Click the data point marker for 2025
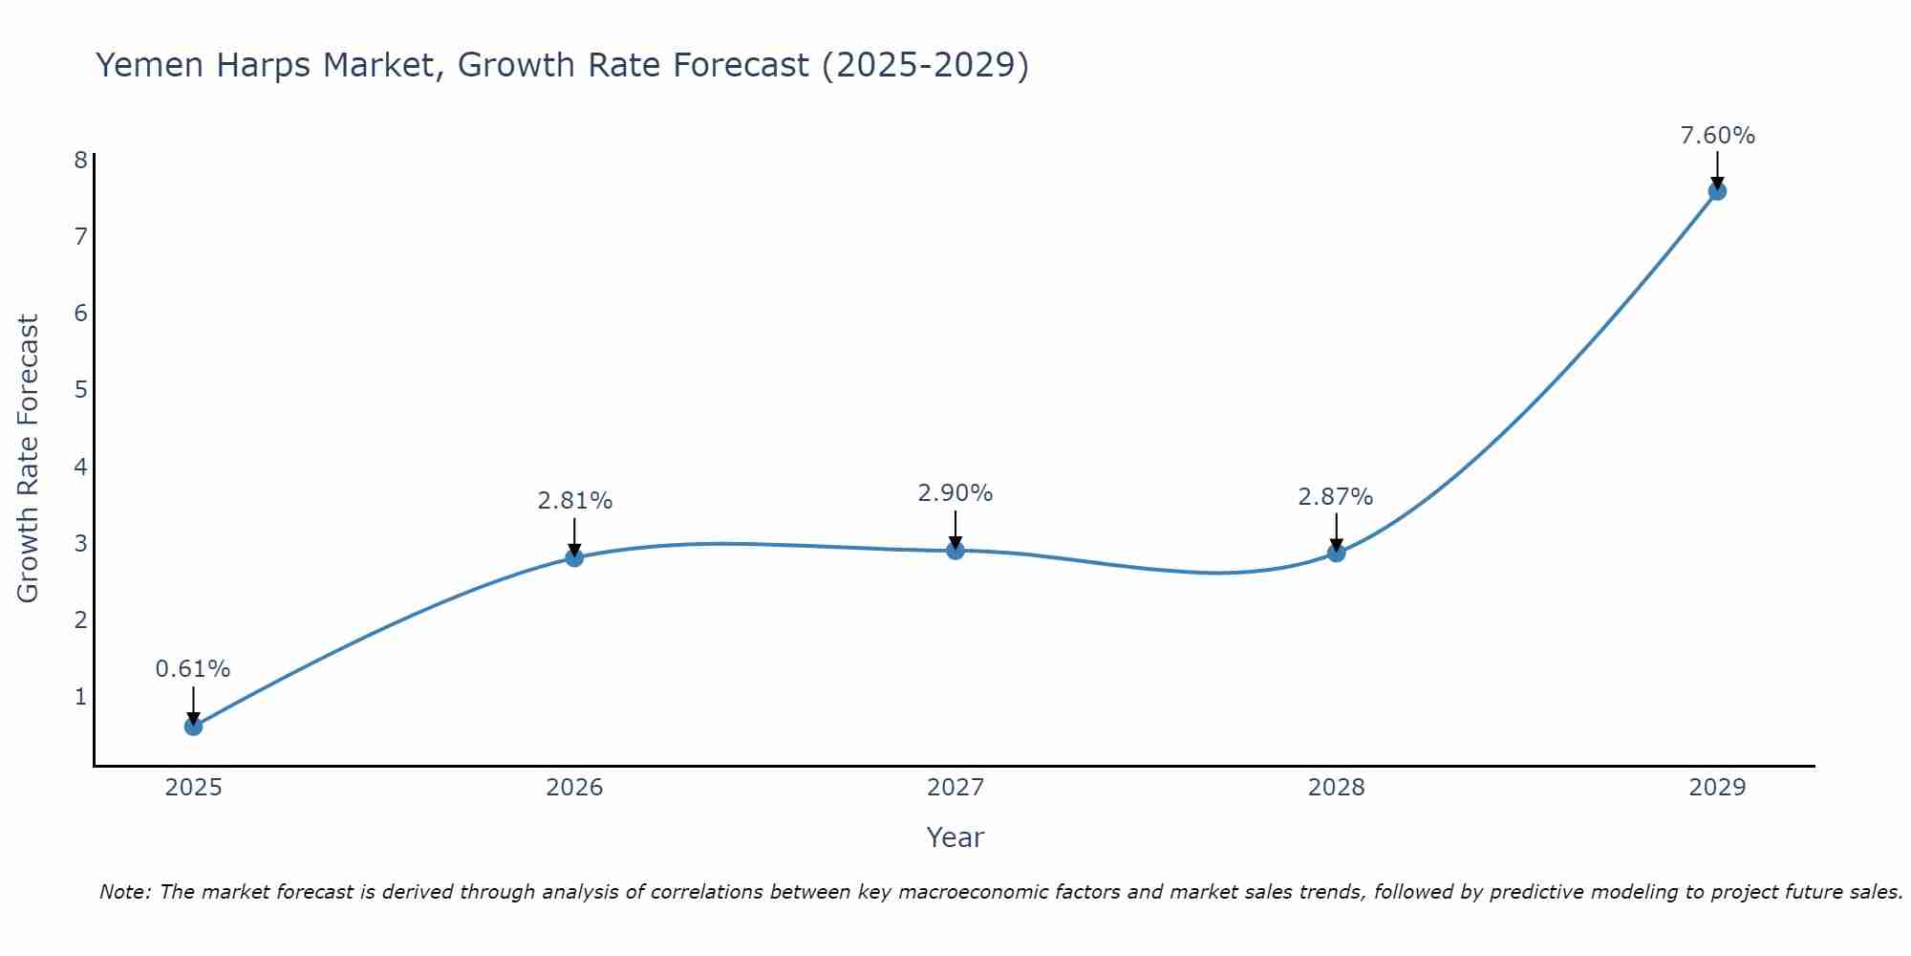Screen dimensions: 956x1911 coord(193,727)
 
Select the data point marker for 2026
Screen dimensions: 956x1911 coord(574,557)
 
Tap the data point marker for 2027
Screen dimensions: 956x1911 coord(955,551)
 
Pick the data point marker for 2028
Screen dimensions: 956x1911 coord(1336,553)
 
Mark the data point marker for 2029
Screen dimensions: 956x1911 coord(1717,191)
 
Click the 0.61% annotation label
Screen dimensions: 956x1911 coord(193,669)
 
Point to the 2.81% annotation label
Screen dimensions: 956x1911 coord(574,501)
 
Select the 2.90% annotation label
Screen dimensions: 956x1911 coord(955,493)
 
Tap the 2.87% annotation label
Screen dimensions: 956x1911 coord(1336,497)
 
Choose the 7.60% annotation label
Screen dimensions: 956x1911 coord(1717,136)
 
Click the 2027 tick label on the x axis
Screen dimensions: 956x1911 coord(955,788)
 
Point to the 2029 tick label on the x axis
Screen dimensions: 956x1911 coord(1717,788)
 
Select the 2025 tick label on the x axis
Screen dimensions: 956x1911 coord(193,788)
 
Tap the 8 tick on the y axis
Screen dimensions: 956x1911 coord(80,160)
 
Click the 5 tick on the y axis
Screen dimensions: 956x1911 coord(80,390)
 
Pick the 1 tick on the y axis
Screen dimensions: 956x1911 coord(80,697)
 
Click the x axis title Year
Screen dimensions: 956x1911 coord(955,837)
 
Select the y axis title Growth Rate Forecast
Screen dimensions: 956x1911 coord(29,459)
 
